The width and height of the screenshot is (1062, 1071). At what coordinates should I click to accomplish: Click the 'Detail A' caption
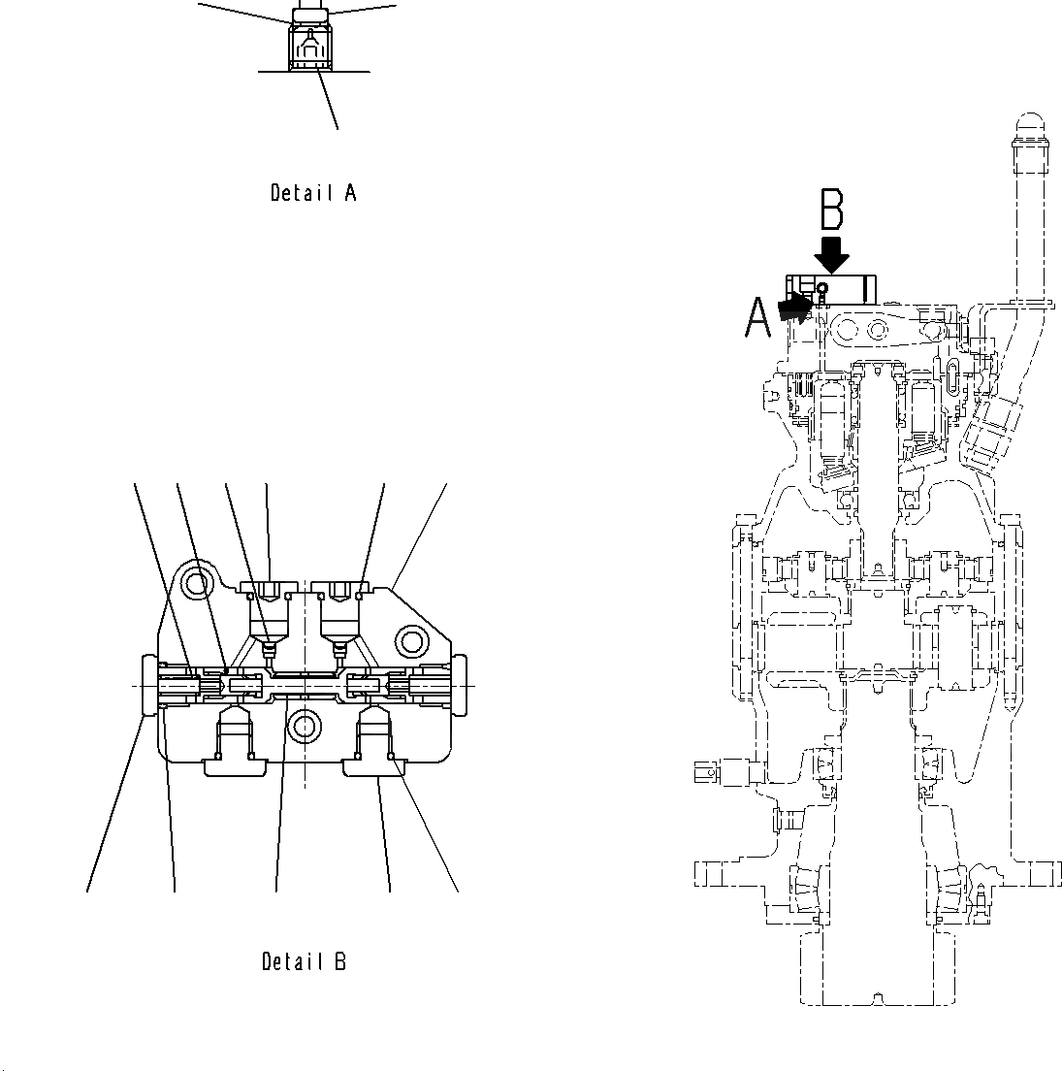[312, 193]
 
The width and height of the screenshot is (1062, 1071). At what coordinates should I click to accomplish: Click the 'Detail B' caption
[305, 961]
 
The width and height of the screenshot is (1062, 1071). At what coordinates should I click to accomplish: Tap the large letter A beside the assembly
[757, 317]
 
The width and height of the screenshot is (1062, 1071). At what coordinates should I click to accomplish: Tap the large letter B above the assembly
[832, 211]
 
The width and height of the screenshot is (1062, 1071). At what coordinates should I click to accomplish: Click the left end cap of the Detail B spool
[150, 686]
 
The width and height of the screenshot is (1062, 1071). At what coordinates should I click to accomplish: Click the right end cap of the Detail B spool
[459, 684]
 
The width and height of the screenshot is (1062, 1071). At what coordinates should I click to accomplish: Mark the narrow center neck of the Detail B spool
[305, 686]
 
